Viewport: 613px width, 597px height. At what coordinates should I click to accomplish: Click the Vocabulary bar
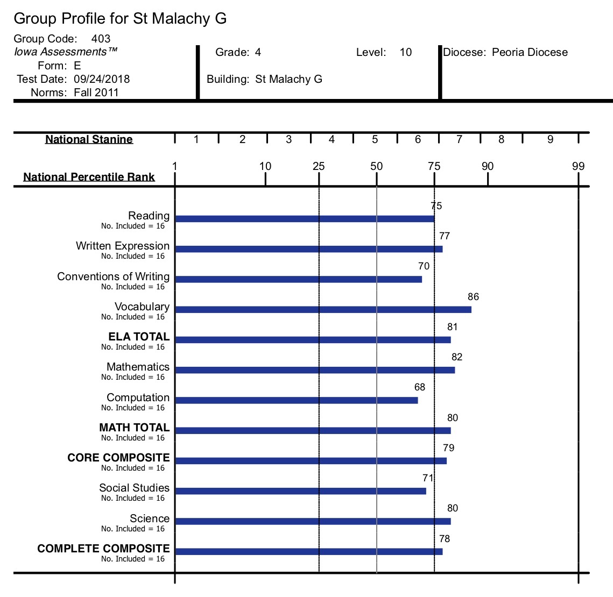[323, 309]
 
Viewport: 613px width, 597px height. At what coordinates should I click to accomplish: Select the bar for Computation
[297, 400]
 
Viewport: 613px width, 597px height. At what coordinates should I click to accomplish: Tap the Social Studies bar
[301, 491]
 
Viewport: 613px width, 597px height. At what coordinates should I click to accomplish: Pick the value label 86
[473, 296]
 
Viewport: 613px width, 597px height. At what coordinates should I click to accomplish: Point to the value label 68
[419, 387]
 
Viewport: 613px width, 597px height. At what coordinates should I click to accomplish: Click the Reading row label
[149, 216]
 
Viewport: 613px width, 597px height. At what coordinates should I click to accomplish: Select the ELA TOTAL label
[139, 336]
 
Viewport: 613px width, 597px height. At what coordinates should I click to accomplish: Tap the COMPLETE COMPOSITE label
[103, 549]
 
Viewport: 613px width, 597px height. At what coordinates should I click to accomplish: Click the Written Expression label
[123, 246]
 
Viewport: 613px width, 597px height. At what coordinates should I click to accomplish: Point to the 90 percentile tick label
[488, 166]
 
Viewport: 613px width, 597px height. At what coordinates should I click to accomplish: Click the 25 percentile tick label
[319, 166]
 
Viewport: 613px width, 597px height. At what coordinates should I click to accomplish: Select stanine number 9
[550, 139]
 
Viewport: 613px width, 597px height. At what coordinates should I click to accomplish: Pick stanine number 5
[375, 139]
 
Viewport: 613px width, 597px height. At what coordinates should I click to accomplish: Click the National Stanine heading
[89, 139]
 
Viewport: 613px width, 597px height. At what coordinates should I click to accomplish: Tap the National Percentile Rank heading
[89, 177]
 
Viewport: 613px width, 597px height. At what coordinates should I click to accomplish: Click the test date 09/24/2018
[102, 79]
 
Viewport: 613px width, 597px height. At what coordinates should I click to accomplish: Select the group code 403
[101, 39]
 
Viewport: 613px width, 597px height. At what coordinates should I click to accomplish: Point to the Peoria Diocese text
[530, 52]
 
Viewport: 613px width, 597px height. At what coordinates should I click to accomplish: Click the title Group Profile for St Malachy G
[120, 18]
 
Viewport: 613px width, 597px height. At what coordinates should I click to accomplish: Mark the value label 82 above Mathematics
[456, 357]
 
